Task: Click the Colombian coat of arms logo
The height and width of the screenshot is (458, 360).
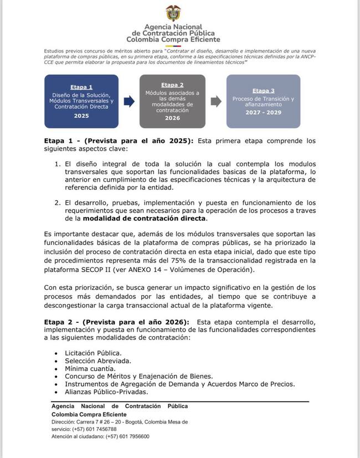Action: pos(173,12)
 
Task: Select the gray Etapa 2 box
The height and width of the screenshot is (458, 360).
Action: pos(172,101)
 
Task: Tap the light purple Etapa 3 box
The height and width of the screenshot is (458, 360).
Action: pos(263,101)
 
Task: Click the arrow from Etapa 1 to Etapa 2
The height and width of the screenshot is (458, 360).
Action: pos(128,101)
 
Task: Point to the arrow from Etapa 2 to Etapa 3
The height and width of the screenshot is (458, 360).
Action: pos(217,101)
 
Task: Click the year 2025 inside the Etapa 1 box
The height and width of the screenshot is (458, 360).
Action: pos(81,116)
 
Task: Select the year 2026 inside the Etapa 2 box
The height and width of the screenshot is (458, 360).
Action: pos(172,118)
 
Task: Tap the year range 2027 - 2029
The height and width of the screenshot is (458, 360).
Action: pos(263,112)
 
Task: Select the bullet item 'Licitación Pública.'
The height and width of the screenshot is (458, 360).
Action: pos(93,352)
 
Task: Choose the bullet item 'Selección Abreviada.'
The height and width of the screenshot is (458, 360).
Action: pos(97,360)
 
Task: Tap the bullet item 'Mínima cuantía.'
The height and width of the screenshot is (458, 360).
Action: pos(90,368)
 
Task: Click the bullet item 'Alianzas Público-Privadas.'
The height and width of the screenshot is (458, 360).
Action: pos(106,392)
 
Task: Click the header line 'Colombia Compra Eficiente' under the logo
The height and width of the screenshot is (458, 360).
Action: pos(173,40)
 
